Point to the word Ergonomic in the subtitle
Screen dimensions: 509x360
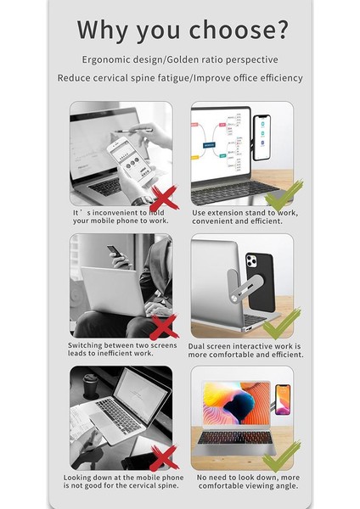click(108, 60)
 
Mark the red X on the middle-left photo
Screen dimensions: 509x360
click(164, 327)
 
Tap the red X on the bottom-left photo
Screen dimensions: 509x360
click(164, 457)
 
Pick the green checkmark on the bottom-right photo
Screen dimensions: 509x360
click(283, 456)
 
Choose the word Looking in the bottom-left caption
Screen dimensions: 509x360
click(83, 477)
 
